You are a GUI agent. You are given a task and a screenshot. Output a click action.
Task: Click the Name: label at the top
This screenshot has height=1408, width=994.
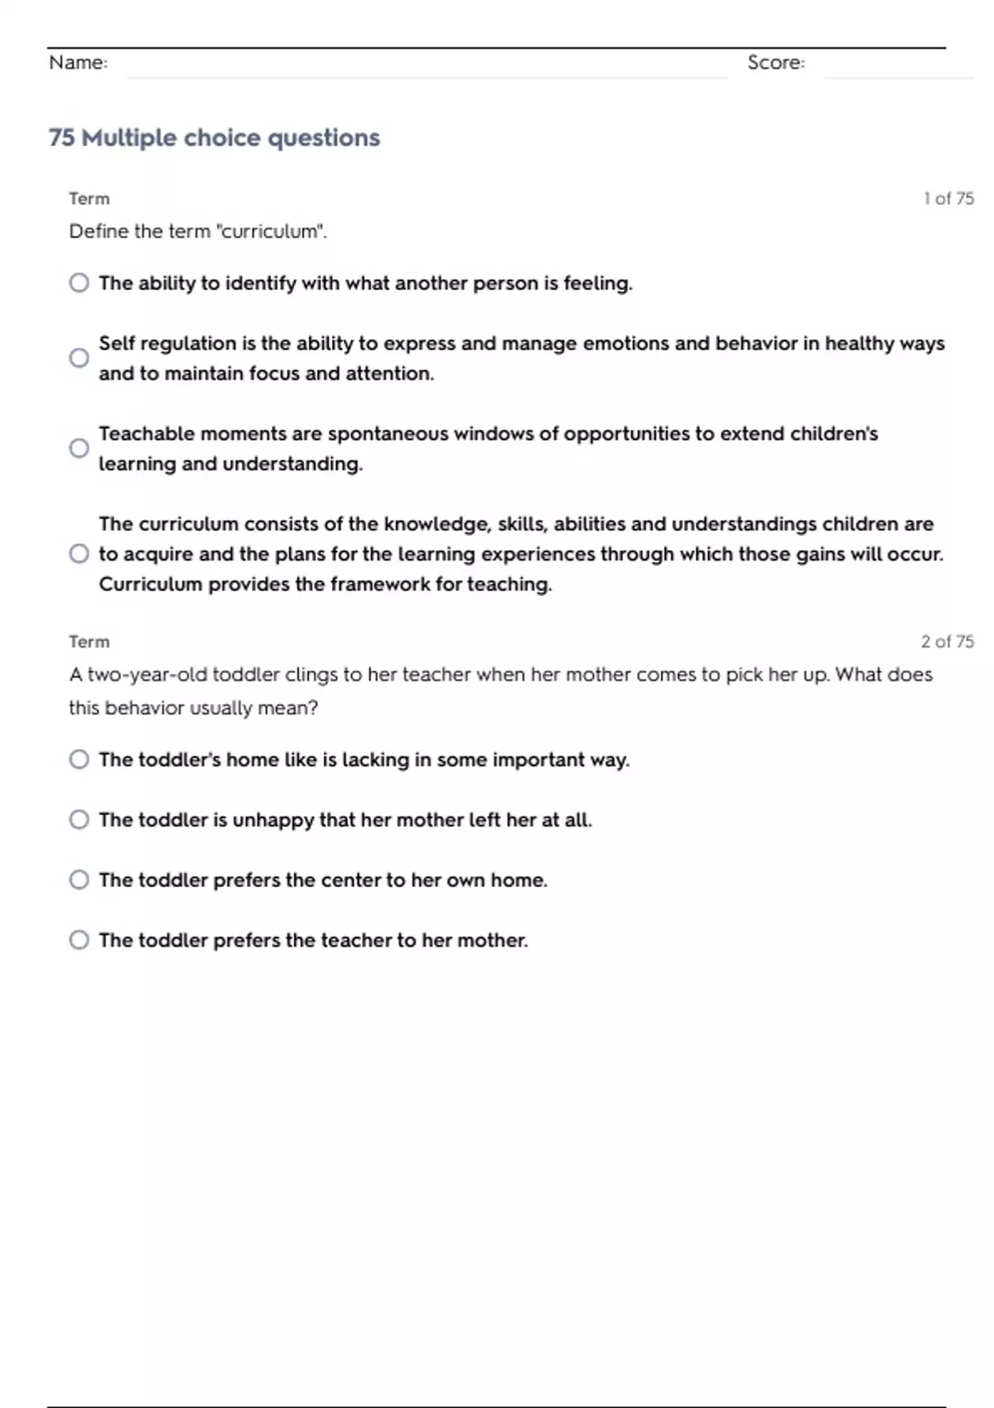point(78,62)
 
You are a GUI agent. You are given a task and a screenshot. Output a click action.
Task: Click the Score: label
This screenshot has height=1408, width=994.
point(775,62)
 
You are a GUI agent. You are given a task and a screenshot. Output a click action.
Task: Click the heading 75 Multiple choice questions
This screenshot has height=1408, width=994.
point(214,137)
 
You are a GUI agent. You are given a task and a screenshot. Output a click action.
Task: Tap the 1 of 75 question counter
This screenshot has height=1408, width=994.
point(948,199)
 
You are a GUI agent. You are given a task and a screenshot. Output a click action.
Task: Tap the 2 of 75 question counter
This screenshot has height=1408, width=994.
point(947,642)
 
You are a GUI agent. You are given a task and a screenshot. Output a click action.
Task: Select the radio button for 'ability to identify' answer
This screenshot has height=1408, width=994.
point(79,283)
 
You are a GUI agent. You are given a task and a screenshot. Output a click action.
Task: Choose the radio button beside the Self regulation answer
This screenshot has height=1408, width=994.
point(79,358)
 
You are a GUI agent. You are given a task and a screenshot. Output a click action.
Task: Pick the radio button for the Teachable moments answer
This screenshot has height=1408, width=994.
point(79,448)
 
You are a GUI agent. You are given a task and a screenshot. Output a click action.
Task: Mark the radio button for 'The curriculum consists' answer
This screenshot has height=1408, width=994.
point(79,553)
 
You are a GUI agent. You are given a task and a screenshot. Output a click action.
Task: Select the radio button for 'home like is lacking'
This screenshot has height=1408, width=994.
point(79,759)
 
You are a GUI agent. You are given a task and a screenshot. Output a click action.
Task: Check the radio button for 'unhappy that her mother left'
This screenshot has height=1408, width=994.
point(79,820)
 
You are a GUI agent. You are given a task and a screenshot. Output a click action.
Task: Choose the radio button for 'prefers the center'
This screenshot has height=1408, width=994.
point(79,880)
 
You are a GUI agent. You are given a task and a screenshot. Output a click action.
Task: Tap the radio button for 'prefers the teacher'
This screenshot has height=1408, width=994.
point(79,940)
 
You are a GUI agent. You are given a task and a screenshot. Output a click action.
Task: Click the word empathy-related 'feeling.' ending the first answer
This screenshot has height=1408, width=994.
point(597,283)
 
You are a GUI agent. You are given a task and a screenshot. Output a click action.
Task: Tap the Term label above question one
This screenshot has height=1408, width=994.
point(89,199)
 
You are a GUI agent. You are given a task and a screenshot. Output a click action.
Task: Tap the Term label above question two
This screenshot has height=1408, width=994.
point(89,642)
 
